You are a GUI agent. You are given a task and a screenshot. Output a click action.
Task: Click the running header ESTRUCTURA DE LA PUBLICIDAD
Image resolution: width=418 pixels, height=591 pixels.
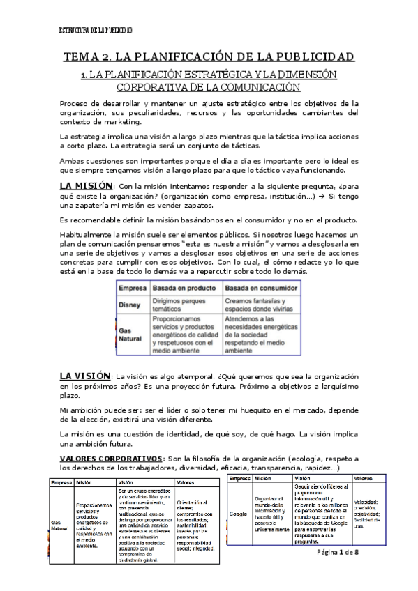(x=96, y=29)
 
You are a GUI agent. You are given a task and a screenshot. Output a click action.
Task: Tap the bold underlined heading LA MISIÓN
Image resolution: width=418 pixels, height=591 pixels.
(x=85, y=186)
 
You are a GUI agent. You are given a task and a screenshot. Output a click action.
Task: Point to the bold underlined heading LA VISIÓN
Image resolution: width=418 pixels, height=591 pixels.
(x=84, y=375)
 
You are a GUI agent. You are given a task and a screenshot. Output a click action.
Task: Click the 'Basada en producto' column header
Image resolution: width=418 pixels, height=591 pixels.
(x=179, y=288)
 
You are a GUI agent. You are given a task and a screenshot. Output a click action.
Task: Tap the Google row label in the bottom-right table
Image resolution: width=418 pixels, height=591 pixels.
(x=239, y=514)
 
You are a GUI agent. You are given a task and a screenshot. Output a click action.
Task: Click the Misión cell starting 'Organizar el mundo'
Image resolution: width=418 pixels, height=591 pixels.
(x=271, y=514)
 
